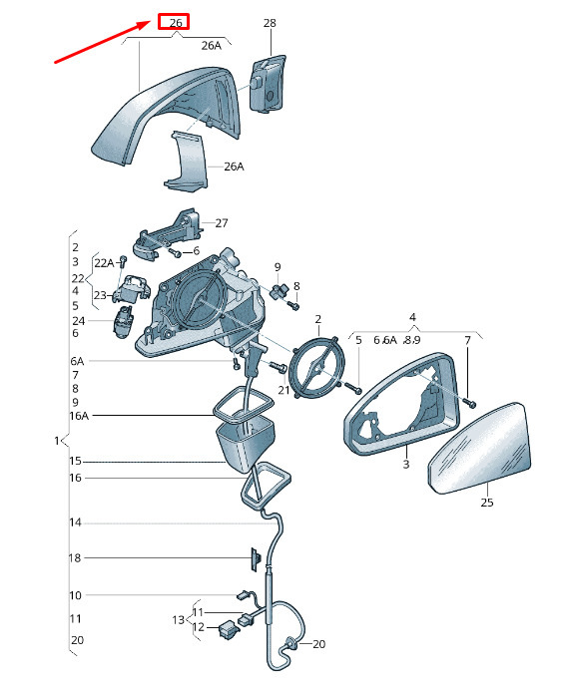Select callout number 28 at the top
(270, 23)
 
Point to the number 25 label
(487, 503)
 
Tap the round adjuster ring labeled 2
(315, 367)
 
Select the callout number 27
(222, 223)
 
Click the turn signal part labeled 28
(268, 83)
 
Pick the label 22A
(104, 263)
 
